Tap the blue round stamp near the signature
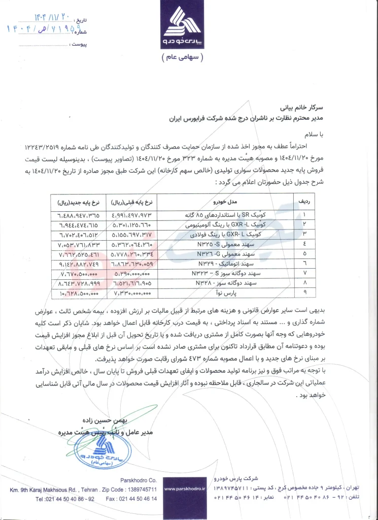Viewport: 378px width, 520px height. (111, 448)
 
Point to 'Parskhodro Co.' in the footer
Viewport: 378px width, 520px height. (138, 480)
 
